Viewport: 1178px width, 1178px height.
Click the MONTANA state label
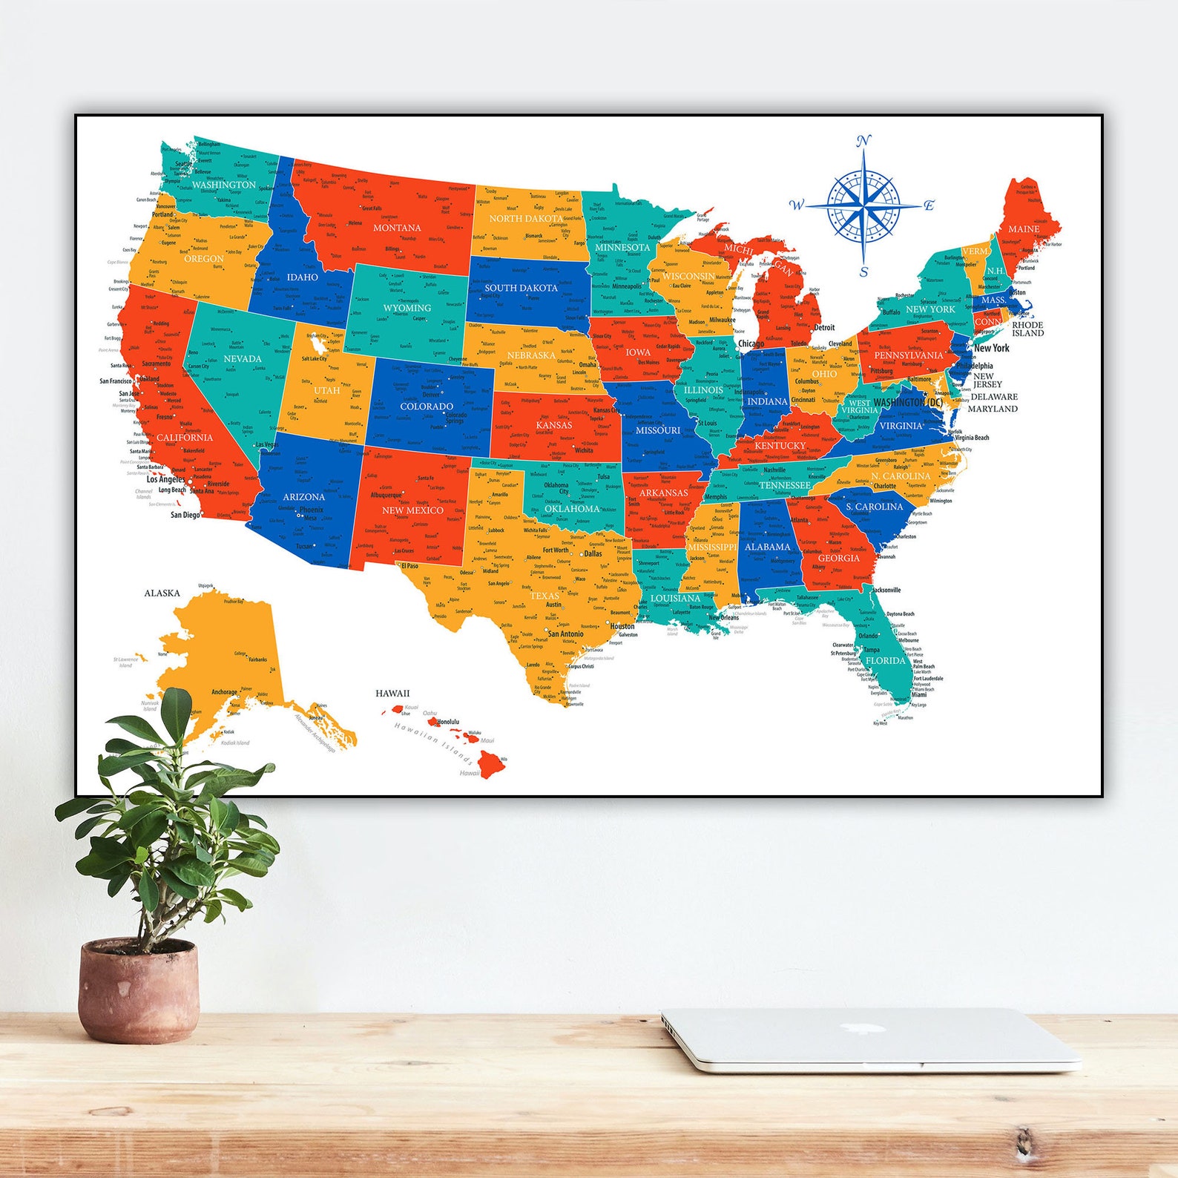tap(397, 228)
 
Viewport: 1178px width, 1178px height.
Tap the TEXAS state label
tap(544, 596)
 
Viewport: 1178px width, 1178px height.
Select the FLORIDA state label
tap(886, 660)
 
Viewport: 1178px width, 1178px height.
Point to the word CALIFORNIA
tap(185, 438)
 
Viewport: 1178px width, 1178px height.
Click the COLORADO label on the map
tap(427, 407)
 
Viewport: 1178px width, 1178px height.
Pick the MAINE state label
tap(1024, 229)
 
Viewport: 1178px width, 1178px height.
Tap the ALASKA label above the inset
tap(162, 593)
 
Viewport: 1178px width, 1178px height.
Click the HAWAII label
tap(392, 694)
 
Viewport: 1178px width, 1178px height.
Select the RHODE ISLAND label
tap(1027, 329)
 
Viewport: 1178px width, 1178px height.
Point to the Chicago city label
tap(751, 343)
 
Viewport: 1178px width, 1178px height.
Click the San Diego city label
tap(185, 515)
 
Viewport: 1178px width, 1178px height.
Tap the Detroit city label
tap(824, 327)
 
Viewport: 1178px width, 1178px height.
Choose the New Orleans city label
tap(724, 617)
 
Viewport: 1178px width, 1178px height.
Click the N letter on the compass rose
tap(863, 142)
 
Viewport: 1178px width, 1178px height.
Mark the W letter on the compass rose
tap(796, 205)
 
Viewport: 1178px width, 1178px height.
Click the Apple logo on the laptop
tap(850, 1029)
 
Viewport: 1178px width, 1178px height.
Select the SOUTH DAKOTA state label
tap(521, 288)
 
